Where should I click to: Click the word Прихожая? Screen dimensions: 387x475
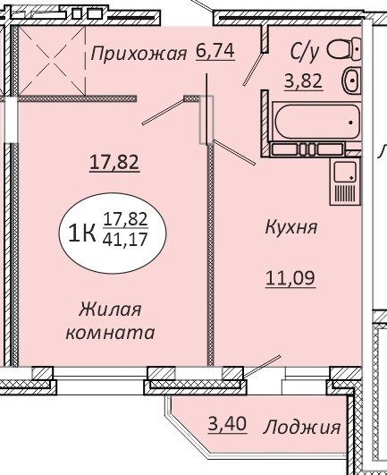(139, 54)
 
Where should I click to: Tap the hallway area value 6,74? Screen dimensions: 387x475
(215, 51)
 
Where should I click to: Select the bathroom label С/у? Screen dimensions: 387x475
(305, 52)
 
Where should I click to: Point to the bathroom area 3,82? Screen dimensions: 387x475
(304, 81)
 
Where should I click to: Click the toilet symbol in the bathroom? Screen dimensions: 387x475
(344, 49)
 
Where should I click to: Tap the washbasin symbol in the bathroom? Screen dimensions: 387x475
(351, 81)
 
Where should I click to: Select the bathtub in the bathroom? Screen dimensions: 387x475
(316, 122)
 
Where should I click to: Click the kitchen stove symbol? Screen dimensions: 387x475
(345, 182)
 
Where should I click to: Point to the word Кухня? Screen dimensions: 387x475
(291, 227)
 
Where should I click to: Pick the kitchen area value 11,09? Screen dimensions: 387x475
(290, 278)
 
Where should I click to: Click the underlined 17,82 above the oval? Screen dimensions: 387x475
(114, 162)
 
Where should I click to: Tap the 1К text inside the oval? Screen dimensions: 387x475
(82, 233)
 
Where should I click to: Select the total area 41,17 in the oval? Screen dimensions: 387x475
(125, 240)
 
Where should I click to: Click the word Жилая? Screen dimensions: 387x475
(110, 310)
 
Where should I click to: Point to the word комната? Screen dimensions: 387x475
(111, 333)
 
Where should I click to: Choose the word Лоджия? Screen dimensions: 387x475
(302, 428)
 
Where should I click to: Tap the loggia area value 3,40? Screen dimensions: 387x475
(227, 423)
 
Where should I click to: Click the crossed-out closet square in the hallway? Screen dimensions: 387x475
(52, 61)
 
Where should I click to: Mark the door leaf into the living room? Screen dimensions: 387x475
(163, 112)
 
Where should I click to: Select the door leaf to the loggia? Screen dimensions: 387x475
(262, 366)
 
